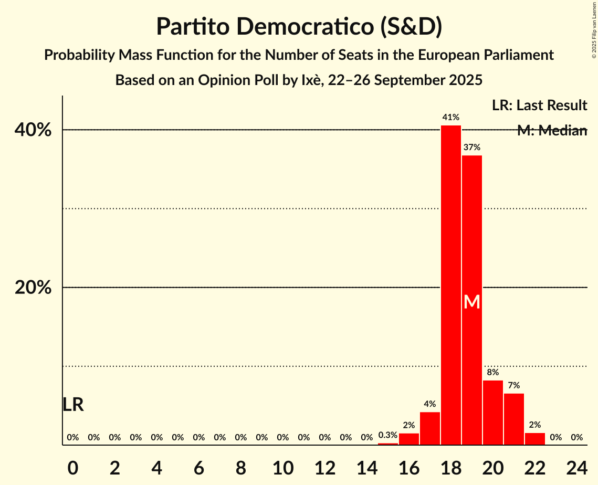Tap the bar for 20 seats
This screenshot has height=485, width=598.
(x=493, y=413)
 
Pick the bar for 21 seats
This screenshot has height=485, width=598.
(x=514, y=419)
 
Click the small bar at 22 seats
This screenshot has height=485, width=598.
(x=535, y=439)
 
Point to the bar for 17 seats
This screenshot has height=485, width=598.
(x=430, y=428)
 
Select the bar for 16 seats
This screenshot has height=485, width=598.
(x=409, y=439)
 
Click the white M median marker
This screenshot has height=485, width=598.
(x=472, y=302)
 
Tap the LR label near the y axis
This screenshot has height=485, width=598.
(x=73, y=405)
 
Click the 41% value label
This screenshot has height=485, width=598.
(x=451, y=118)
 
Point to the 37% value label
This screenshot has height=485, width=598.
(x=472, y=147)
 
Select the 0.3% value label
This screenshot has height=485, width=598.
(x=388, y=435)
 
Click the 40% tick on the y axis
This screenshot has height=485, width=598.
(x=33, y=130)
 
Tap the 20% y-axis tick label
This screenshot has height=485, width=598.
(x=33, y=288)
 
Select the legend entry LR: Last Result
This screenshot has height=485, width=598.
(x=539, y=106)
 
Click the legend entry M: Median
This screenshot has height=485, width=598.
(x=552, y=131)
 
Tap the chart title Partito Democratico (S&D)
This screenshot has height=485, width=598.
(x=299, y=27)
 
